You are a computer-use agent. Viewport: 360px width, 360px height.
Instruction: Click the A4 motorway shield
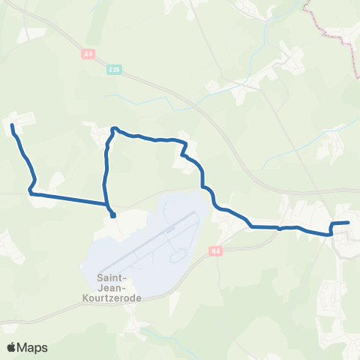(89, 53)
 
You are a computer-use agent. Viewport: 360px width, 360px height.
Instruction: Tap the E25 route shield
(114, 70)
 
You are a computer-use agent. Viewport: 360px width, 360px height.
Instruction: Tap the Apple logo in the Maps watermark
(12, 347)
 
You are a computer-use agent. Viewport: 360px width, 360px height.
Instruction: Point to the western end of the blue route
(13, 124)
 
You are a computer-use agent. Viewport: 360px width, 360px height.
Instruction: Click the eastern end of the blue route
(349, 222)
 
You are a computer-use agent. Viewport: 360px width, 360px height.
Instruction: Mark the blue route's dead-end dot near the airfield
(113, 216)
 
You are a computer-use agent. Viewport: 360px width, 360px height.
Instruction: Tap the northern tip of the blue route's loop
(114, 128)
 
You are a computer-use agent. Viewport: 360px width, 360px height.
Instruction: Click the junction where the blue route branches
(108, 204)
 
